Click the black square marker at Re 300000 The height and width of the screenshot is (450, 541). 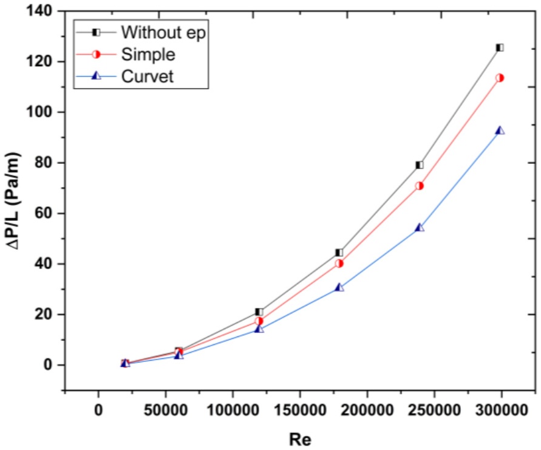click(500, 47)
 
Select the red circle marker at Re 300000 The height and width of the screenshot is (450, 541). click(500, 78)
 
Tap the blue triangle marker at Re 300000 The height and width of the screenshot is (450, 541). click(500, 131)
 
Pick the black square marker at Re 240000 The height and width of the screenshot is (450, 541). click(419, 165)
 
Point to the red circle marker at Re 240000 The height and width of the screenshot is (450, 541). click(419, 186)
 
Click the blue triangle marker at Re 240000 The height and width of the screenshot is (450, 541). click(419, 227)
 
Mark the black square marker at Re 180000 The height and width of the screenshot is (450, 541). click(339, 253)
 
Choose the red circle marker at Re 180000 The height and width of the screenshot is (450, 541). click(339, 264)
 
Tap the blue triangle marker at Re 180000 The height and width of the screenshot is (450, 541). click(339, 287)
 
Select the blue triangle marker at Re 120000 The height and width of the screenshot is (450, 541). click(259, 329)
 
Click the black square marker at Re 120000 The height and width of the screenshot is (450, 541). click(259, 312)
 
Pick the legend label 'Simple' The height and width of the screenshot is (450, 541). click(148, 55)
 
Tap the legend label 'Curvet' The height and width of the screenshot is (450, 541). click(148, 77)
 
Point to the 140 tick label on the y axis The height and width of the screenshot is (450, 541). click(39, 11)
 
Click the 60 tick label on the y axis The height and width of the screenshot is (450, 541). click(44, 213)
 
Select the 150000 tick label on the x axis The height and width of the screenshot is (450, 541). click(300, 411)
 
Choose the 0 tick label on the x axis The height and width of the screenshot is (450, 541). click(98, 411)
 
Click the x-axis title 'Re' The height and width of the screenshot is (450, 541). click(300, 440)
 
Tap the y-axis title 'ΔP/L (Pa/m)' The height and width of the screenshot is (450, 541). click(14, 200)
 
